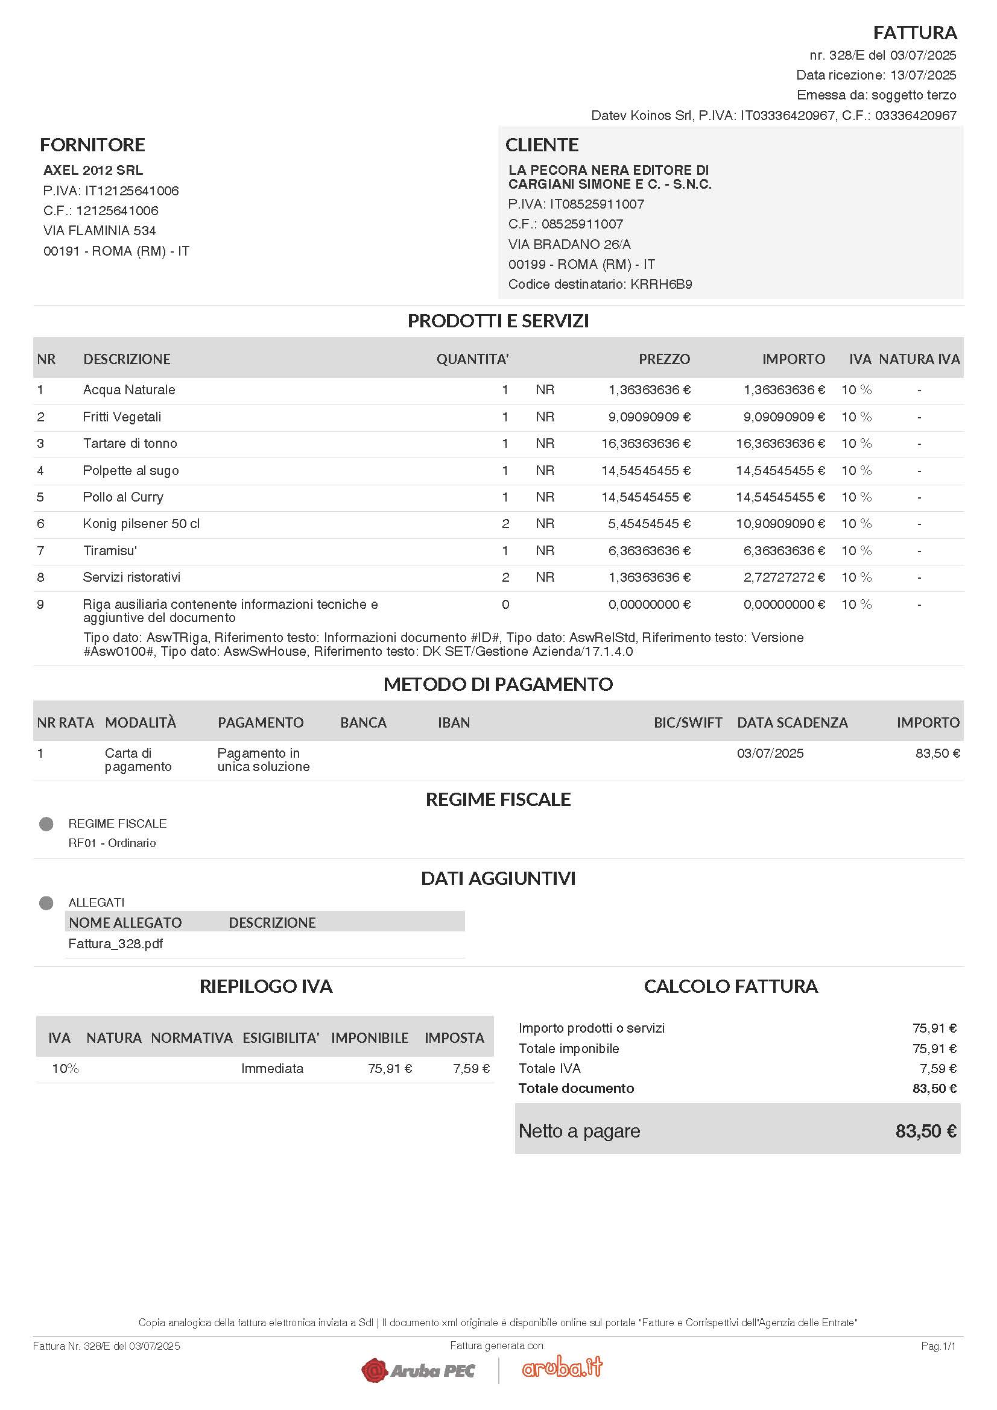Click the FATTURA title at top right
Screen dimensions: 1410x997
[x=915, y=32]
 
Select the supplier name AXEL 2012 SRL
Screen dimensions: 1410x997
[x=93, y=170]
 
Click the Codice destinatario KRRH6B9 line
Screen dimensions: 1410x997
[x=600, y=285]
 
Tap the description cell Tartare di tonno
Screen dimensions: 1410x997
[x=130, y=444]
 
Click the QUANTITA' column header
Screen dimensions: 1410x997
[x=472, y=359]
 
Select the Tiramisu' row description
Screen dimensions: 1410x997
[x=110, y=551]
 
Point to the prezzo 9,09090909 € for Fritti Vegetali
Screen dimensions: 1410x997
[x=649, y=417]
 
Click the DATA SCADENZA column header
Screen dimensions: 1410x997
[x=792, y=723]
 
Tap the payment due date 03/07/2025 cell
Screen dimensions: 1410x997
[x=770, y=754]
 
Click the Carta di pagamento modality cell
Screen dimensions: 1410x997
[x=138, y=760]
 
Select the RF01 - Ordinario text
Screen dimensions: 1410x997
[x=112, y=843]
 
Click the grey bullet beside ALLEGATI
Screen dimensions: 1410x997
[x=46, y=903]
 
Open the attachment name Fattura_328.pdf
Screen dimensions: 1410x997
[x=115, y=944]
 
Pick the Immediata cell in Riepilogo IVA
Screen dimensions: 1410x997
[x=272, y=1069]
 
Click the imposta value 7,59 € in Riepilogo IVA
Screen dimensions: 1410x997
[x=471, y=1069]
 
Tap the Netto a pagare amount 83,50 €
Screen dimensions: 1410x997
[x=925, y=1131]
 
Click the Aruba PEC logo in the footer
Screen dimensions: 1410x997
[x=418, y=1371]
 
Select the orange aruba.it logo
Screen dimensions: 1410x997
[x=562, y=1368]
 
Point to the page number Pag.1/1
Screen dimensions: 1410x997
[x=938, y=1346]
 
